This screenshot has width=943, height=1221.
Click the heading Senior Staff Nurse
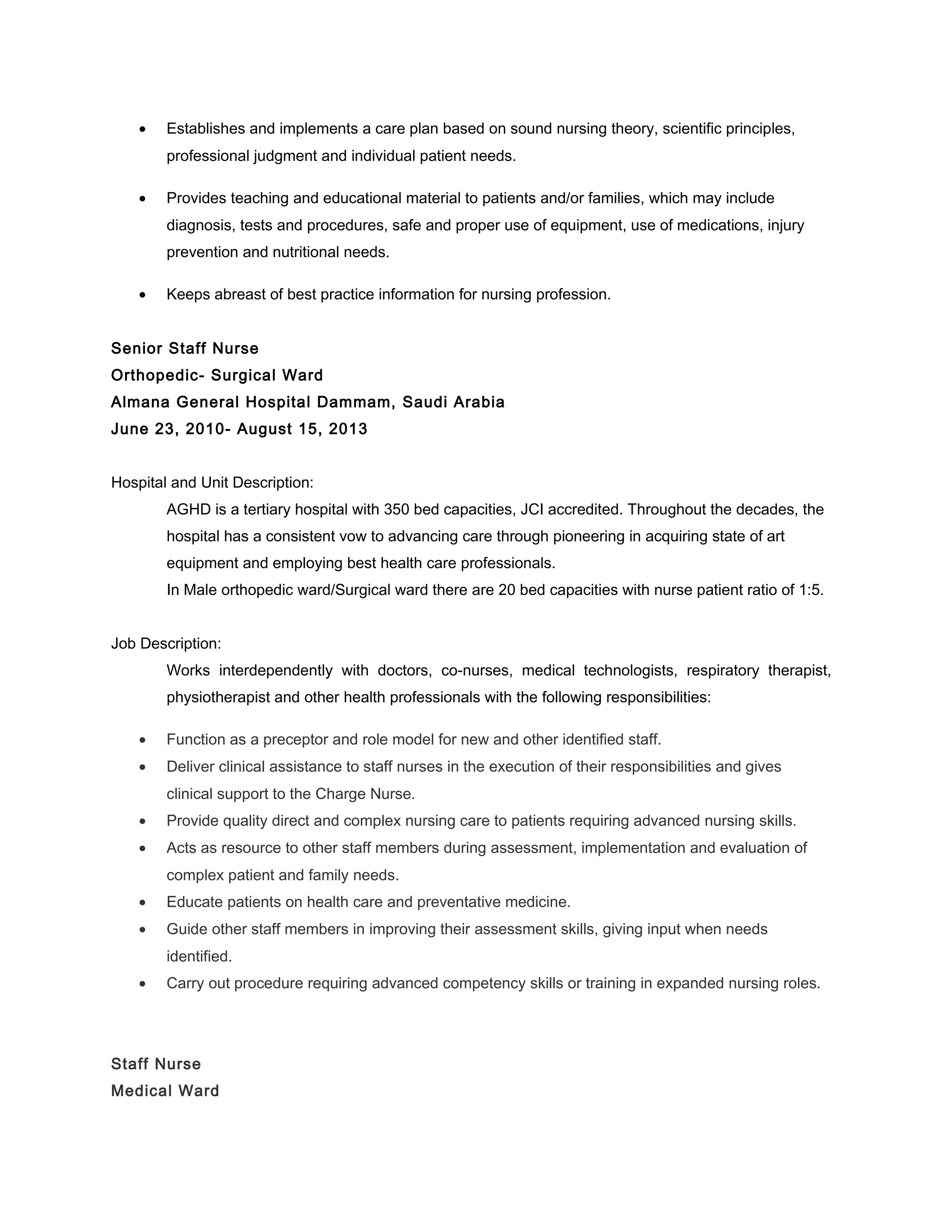click(x=184, y=348)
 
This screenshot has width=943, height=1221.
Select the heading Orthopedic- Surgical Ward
click(x=217, y=375)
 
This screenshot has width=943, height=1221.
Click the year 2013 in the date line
click(x=348, y=429)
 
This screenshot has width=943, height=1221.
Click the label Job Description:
click(x=166, y=644)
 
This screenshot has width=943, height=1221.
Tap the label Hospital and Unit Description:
click(x=212, y=482)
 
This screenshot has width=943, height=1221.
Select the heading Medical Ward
click(x=165, y=1091)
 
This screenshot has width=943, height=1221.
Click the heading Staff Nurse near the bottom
click(x=156, y=1064)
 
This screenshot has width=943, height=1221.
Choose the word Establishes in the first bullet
click(x=205, y=129)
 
